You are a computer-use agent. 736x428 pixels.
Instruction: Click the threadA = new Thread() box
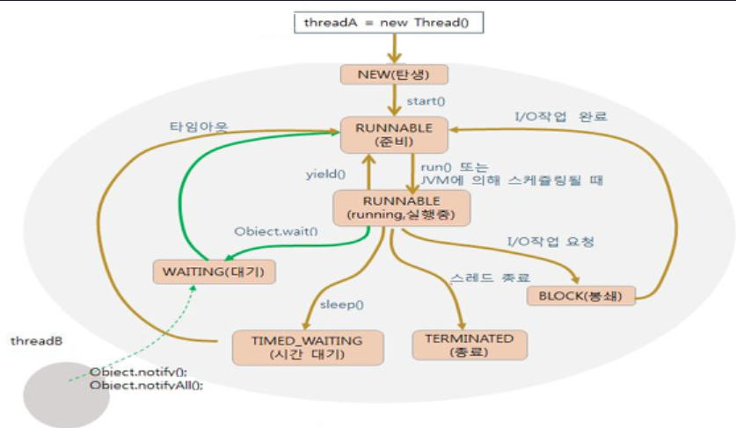388,21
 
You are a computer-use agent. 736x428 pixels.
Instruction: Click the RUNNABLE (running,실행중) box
400,207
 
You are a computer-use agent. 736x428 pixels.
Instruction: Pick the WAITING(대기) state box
214,271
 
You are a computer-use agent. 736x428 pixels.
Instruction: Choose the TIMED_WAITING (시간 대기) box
308,347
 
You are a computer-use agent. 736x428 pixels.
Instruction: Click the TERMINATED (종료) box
469,345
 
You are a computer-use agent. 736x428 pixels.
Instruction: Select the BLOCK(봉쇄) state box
579,295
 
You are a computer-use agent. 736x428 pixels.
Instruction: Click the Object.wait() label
275,232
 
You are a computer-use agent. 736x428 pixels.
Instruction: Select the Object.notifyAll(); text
146,385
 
